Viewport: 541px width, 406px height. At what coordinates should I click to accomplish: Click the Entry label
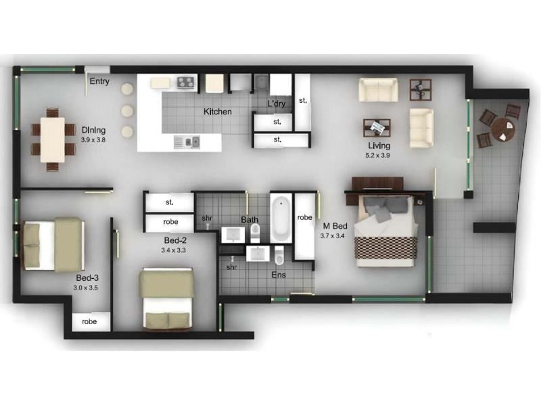point(99,82)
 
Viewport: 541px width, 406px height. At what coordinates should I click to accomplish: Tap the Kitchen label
point(217,112)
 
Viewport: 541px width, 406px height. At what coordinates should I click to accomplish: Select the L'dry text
point(276,104)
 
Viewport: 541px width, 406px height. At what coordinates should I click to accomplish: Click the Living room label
point(379,145)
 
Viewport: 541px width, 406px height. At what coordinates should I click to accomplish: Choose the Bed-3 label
point(86,277)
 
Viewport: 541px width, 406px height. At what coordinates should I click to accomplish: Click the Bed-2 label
point(174,240)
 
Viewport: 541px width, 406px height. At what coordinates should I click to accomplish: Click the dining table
point(53,139)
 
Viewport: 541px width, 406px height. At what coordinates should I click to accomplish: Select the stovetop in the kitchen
point(187,83)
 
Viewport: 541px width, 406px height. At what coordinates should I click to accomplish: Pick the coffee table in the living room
point(377,127)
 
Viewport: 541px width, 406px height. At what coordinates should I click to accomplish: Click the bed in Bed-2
point(166,299)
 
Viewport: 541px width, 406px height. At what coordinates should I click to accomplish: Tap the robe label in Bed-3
point(89,322)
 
